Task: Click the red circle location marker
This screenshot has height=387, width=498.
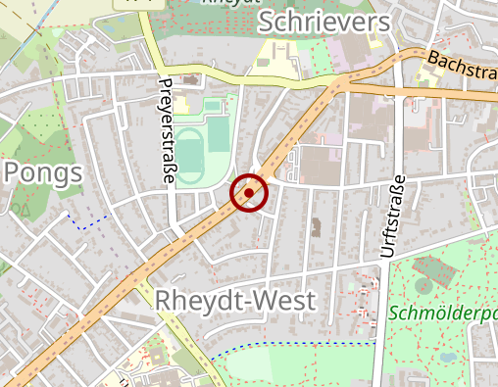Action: (249, 193)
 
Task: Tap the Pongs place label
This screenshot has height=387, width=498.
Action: (42, 173)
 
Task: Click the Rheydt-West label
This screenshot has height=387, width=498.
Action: (235, 301)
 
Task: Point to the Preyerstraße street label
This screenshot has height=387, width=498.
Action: (166, 130)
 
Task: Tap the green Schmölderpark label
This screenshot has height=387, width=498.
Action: (442, 314)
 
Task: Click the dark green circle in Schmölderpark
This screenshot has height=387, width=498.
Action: (423, 285)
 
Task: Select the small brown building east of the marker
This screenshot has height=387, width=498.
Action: (316, 228)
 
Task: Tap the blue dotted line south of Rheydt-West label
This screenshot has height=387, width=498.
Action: (294, 345)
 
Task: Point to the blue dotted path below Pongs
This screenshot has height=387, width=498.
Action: (90, 222)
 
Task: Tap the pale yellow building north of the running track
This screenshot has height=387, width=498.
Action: (183, 106)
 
